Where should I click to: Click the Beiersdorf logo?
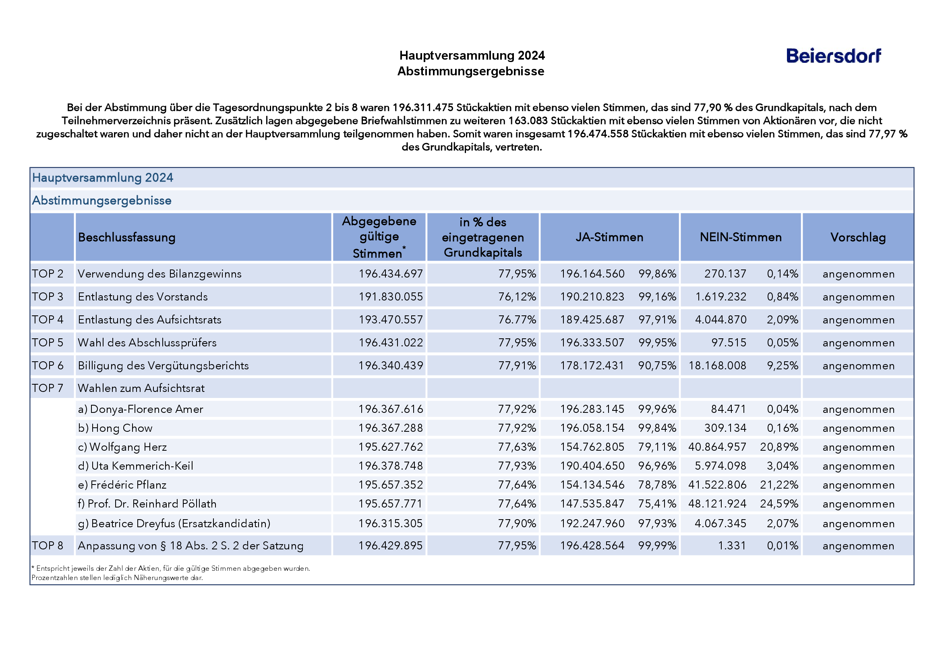tap(833, 56)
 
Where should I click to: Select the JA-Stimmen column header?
tap(609, 237)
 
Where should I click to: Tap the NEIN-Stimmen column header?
tap(740, 237)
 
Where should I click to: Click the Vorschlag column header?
tap(858, 237)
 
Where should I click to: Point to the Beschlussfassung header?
tap(126, 237)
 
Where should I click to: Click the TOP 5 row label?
tap(48, 342)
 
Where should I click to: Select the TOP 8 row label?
tap(48, 545)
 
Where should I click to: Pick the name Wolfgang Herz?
tap(128, 447)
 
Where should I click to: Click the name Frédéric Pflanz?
tap(128, 485)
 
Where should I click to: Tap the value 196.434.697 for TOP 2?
tap(391, 274)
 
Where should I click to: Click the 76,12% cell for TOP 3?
tap(517, 297)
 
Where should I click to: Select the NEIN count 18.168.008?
tap(717, 366)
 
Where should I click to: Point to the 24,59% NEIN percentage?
tap(779, 503)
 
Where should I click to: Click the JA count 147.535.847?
tap(592, 503)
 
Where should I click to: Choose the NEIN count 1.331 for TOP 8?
tap(732, 545)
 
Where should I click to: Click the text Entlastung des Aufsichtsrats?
tap(149, 319)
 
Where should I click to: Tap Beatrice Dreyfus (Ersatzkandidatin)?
tap(181, 523)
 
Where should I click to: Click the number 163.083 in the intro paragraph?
tap(528, 121)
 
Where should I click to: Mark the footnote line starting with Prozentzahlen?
tap(117, 578)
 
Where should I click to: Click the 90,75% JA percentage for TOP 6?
tap(657, 366)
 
